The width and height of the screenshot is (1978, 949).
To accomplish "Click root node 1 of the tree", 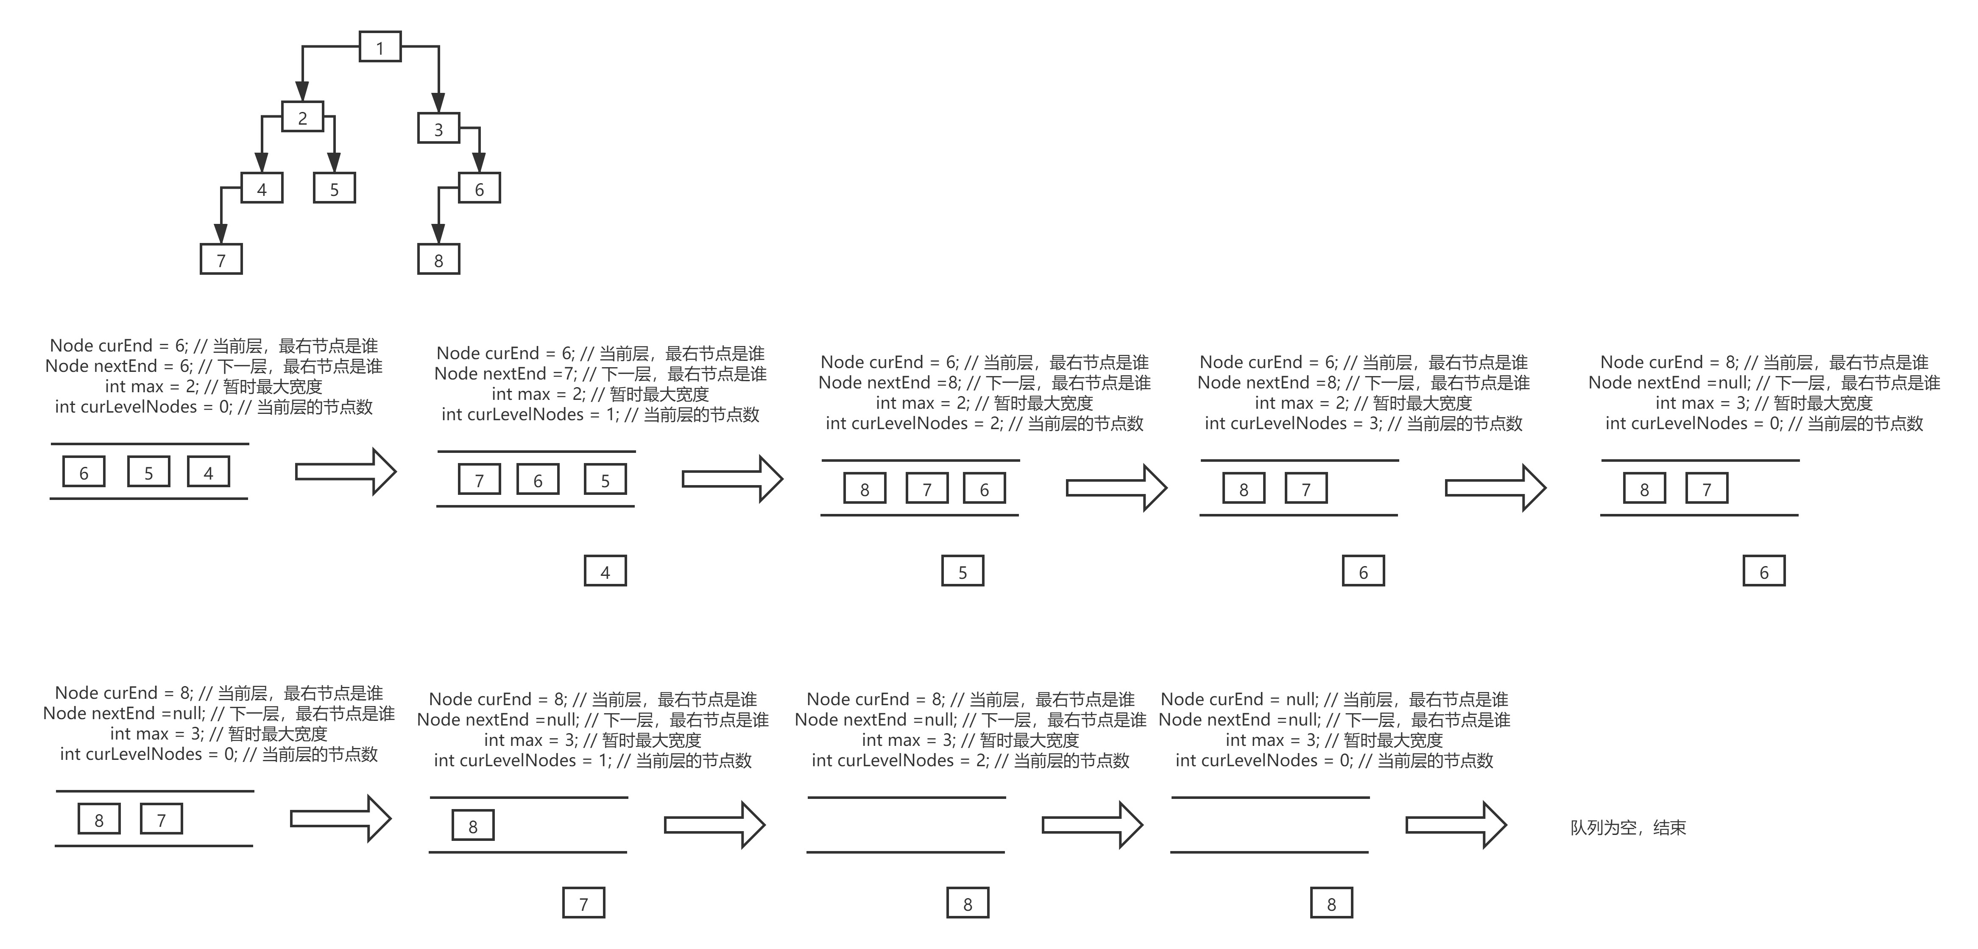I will (x=380, y=47).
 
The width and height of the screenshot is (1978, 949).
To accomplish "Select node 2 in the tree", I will (x=303, y=117).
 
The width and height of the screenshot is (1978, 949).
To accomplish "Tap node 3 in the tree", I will (x=438, y=129).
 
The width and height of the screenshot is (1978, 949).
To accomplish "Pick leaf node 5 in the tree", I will (x=334, y=189).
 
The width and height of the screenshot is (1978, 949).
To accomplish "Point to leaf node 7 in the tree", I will (x=221, y=260).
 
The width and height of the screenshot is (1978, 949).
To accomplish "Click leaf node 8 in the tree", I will (x=438, y=260).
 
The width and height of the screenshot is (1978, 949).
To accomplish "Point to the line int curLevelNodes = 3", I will (x=1363, y=423).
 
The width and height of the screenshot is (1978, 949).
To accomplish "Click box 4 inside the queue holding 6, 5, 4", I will (x=208, y=472).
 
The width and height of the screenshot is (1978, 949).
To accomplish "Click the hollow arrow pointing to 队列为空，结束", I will (x=1456, y=825).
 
